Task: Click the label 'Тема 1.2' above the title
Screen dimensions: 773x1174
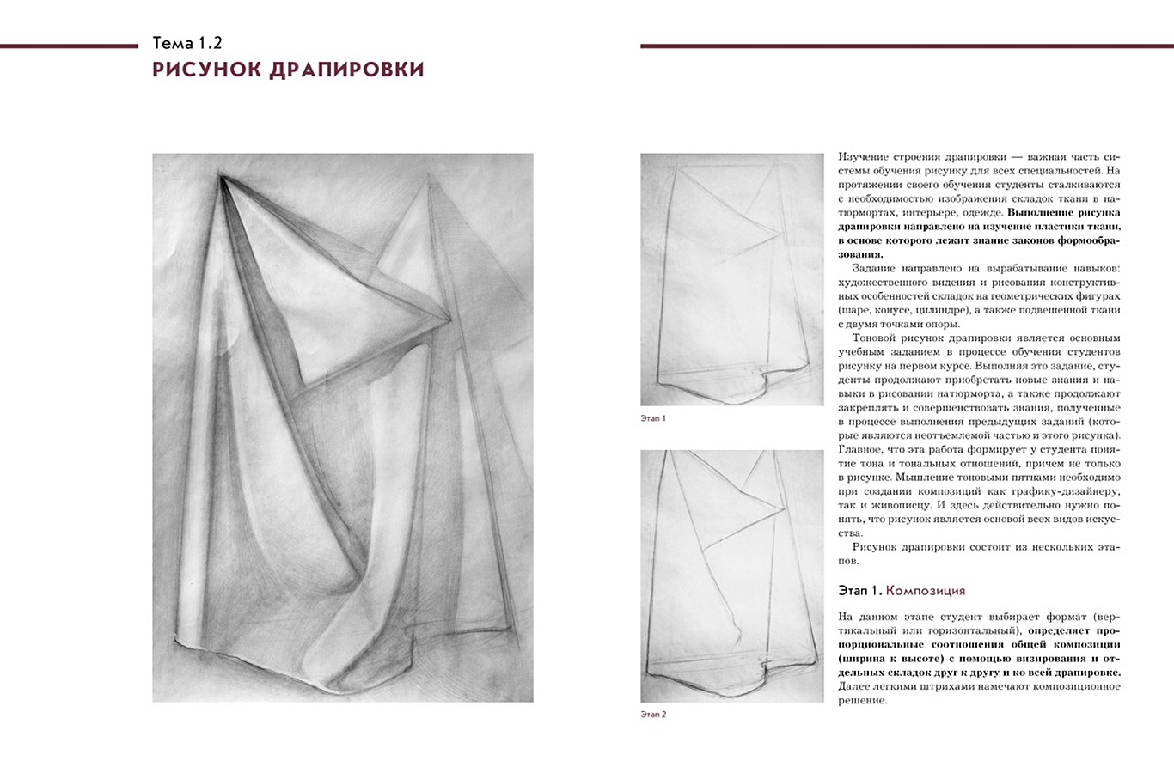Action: click(x=186, y=43)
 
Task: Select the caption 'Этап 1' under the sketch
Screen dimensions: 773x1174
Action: click(x=653, y=418)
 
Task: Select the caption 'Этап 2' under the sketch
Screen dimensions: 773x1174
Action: click(x=653, y=714)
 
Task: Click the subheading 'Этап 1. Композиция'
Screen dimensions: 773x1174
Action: click(x=901, y=590)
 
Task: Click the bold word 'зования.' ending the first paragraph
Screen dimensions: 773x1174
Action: click(x=860, y=254)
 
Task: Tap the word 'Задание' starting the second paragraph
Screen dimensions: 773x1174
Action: click(x=876, y=268)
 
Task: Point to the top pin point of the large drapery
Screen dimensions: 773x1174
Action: click(x=222, y=177)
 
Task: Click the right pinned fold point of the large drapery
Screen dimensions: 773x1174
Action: click(x=449, y=320)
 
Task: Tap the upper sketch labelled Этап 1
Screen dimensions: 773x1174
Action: click(x=731, y=279)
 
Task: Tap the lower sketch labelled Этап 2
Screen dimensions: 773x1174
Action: click(x=731, y=575)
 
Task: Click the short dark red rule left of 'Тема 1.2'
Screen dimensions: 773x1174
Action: click(x=69, y=46)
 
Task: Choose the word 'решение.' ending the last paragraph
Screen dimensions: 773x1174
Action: click(x=862, y=700)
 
